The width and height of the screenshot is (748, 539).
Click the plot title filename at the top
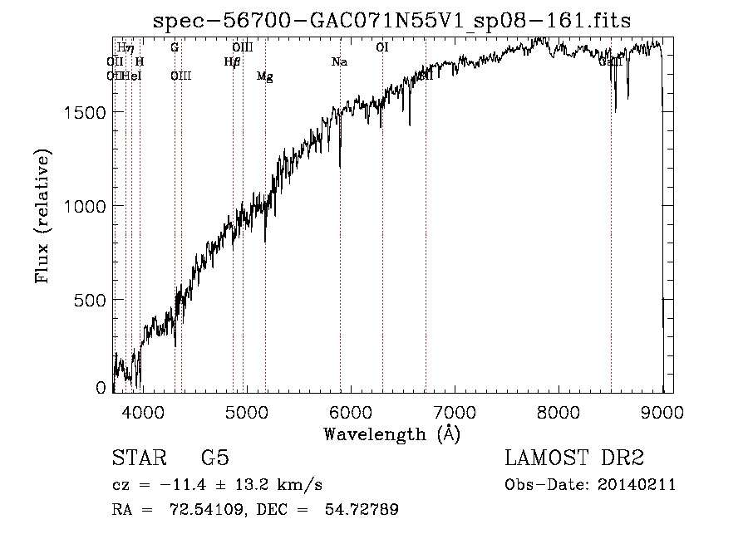pyautogui.click(x=393, y=22)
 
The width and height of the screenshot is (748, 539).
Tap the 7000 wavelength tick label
pyautogui.click(x=454, y=411)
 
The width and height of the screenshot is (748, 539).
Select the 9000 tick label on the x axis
pyautogui.click(x=662, y=411)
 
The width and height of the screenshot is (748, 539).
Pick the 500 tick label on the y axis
pyautogui.click(x=94, y=300)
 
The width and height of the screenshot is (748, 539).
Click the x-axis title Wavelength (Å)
pyautogui.click(x=391, y=434)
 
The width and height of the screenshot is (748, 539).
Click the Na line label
pyautogui.click(x=339, y=61)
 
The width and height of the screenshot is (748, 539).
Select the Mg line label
pyautogui.click(x=264, y=77)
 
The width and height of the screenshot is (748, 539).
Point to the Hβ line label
pyautogui.click(x=232, y=61)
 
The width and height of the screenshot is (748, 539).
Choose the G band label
pyautogui.click(x=175, y=47)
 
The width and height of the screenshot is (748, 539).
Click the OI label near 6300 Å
pyautogui.click(x=382, y=47)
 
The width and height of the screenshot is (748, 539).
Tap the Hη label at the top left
pyautogui.click(x=125, y=47)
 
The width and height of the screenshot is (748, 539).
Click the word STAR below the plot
pyautogui.click(x=134, y=459)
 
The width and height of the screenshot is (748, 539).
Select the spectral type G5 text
pyautogui.click(x=214, y=459)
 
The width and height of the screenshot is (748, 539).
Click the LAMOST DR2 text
pyautogui.click(x=574, y=459)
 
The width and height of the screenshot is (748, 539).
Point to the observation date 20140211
pyautogui.click(x=637, y=485)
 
